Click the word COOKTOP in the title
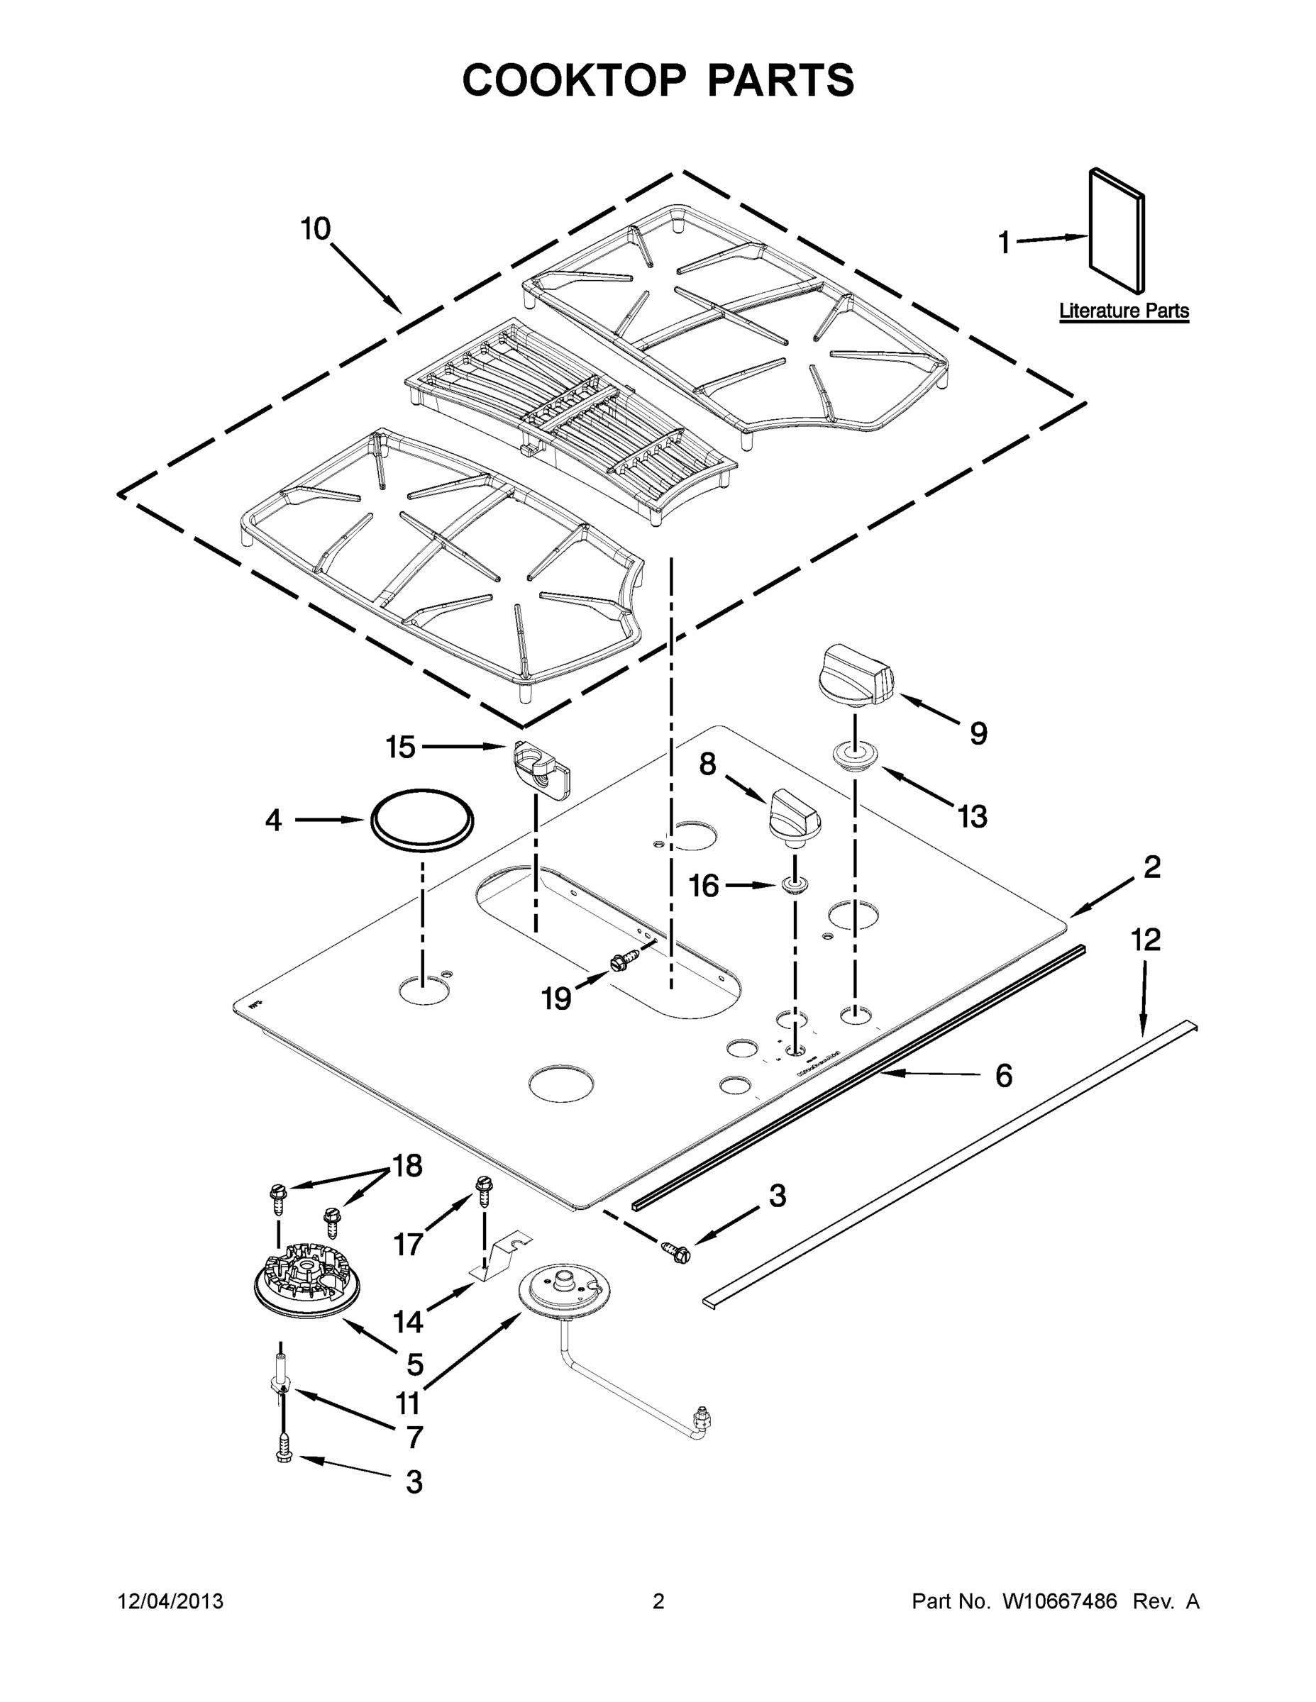click(x=575, y=80)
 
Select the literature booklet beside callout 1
click(x=1117, y=230)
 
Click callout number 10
click(x=316, y=229)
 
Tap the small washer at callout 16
click(x=794, y=885)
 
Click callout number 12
click(x=1145, y=940)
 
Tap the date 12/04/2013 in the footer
click(x=171, y=1601)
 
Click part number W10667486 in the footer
click(x=1058, y=1601)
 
